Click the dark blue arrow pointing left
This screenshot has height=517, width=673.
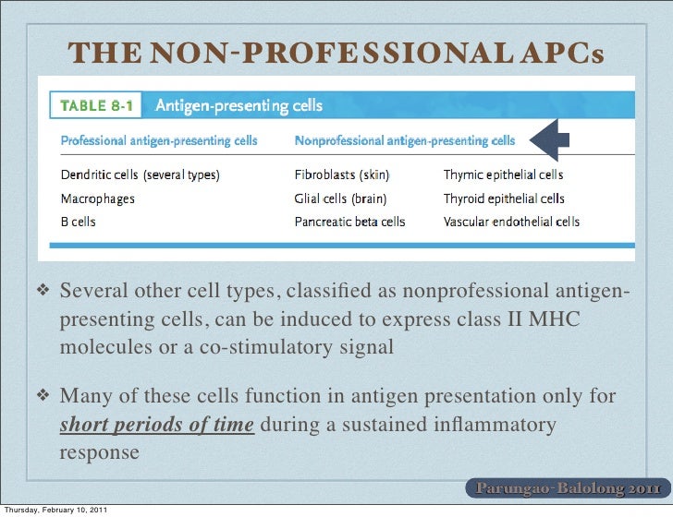click(554, 140)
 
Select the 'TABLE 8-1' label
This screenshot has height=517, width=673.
click(97, 106)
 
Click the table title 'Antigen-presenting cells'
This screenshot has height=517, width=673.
click(239, 106)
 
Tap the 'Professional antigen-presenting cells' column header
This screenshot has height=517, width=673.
click(160, 142)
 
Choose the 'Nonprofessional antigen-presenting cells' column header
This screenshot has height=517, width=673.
click(405, 142)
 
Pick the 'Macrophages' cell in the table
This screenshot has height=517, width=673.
click(97, 198)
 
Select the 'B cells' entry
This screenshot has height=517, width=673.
click(79, 222)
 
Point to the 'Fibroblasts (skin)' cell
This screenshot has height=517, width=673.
click(341, 174)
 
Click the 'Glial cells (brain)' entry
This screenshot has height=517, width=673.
click(340, 198)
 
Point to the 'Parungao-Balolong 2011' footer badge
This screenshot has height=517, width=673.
click(567, 487)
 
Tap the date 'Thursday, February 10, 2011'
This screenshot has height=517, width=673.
click(58, 509)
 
